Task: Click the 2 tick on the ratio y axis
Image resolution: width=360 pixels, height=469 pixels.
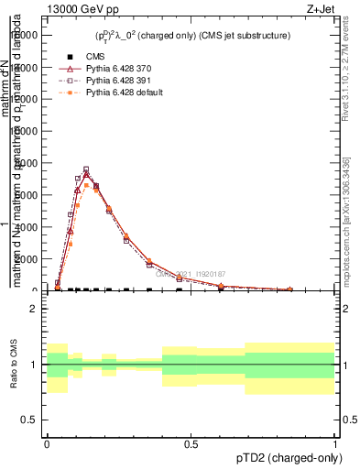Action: pos(34,309)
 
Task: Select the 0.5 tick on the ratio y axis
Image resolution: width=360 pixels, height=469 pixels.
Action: pos(30,420)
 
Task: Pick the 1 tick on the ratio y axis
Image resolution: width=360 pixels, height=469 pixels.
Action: pos(34,365)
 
